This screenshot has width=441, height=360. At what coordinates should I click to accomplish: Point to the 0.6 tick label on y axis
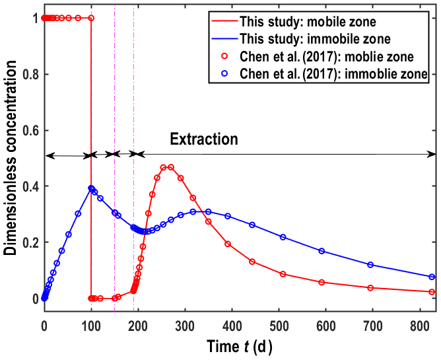[28, 130]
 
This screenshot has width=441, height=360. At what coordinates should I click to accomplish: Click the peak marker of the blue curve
[91, 188]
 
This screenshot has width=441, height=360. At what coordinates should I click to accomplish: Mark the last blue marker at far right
[432, 277]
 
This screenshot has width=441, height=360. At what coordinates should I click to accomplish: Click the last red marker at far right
[432, 292]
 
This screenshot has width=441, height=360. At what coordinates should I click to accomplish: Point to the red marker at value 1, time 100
[91, 18]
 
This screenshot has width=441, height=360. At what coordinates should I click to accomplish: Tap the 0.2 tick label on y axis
[28, 242]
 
